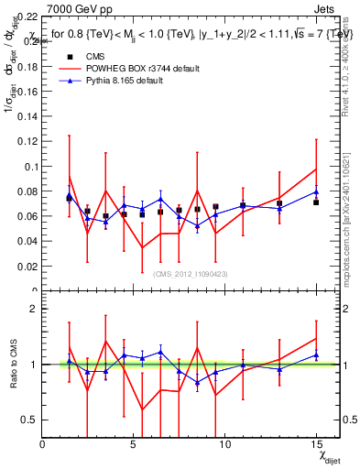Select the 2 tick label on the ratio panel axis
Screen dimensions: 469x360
34,309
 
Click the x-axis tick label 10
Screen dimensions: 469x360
221,444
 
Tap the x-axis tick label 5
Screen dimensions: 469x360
133,444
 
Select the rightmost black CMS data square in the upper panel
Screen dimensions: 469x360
316,202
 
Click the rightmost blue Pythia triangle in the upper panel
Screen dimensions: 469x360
316,191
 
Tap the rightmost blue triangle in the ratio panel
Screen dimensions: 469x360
316,355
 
